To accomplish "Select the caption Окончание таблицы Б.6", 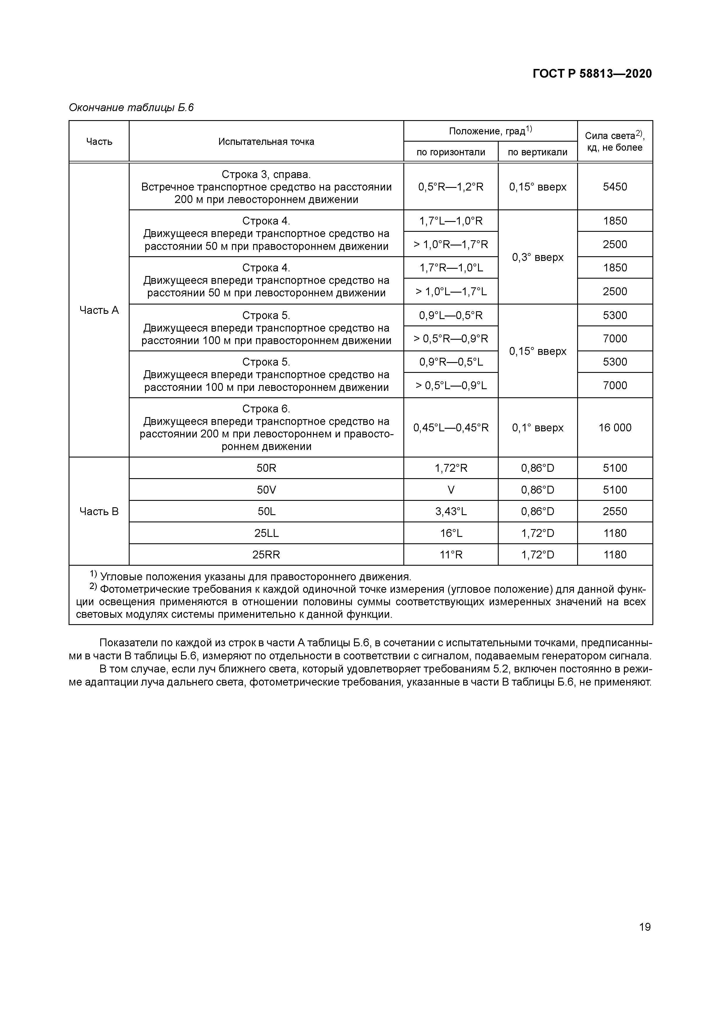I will pyautogui.click(x=131, y=108).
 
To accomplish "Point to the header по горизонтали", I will pyautogui.click(x=451, y=152).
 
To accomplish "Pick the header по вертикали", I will pyautogui.click(x=537, y=152).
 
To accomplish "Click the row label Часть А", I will pyautogui.click(x=99, y=310).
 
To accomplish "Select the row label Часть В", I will pyautogui.click(x=99, y=511).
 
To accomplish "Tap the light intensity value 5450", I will pyautogui.click(x=615, y=187).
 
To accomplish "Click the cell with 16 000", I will pyautogui.click(x=615, y=427).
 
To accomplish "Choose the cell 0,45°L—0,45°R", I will pyautogui.click(x=451, y=427).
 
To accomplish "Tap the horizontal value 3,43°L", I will pyautogui.click(x=451, y=511).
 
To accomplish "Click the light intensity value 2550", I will pyautogui.click(x=615, y=511).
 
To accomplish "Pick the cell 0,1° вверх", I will pyautogui.click(x=537, y=427).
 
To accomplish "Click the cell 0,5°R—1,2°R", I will pyautogui.click(x=451, y=187).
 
